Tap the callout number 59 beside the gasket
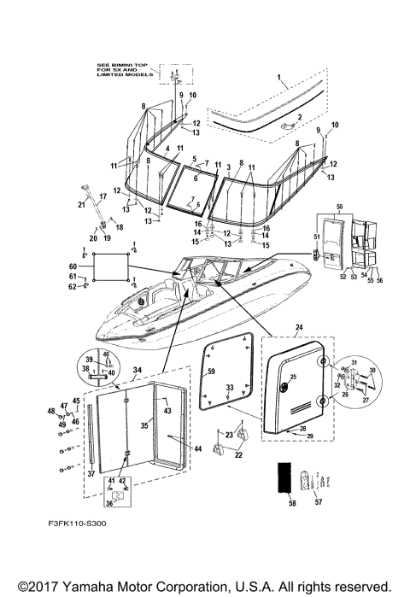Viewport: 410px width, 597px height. point(213,372)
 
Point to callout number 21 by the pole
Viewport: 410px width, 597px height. point(81,204)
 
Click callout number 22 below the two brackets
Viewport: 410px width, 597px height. point(238,455)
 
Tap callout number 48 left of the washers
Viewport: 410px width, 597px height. point(51,412)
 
